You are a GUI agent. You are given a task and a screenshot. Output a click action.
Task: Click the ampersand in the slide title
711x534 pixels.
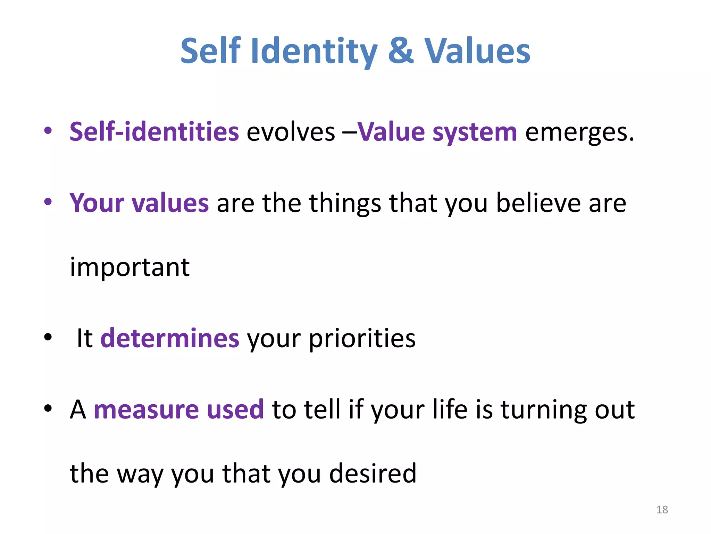[x=401, y=51]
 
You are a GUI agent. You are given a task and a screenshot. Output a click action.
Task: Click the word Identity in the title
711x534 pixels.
[x=313, y=52]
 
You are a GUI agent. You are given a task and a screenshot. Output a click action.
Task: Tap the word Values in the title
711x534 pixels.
[x=477, y=51]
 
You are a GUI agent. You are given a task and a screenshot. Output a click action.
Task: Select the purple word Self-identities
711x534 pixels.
[x=154, y=132]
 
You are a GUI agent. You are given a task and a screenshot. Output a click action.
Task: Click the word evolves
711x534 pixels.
[x=291, y=132]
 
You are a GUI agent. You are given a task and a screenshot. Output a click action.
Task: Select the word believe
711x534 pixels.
[x=538, y=203]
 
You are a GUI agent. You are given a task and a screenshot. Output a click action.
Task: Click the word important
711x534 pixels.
[x=129, y=268]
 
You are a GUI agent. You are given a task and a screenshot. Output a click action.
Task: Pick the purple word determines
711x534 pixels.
[x=170, y=338]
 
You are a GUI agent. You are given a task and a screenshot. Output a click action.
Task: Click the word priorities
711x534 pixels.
[x=362, y=339]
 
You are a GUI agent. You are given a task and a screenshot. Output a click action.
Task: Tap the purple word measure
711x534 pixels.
[x=146, y=410]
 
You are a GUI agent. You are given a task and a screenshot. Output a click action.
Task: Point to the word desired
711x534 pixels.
[x=373, y=474]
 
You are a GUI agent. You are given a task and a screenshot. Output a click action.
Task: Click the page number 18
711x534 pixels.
[x=662, y=510]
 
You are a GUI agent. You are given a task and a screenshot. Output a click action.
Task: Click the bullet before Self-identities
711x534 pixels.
[x=48, y=131]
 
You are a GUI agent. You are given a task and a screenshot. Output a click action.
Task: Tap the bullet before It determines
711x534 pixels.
[x=48, y=337]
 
